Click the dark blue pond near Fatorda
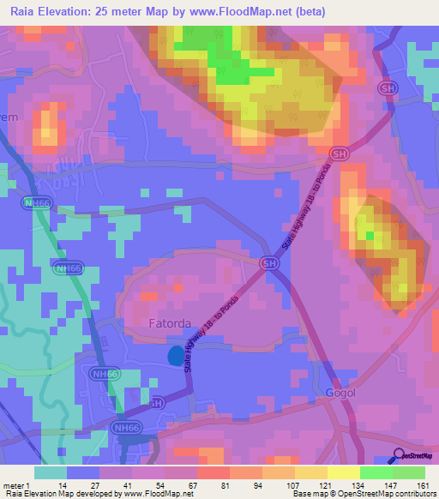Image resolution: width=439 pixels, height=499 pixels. click(176, 354)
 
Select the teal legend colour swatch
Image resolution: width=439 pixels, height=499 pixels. click(51, 472)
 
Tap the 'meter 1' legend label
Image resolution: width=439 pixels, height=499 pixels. click(18, 484)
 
